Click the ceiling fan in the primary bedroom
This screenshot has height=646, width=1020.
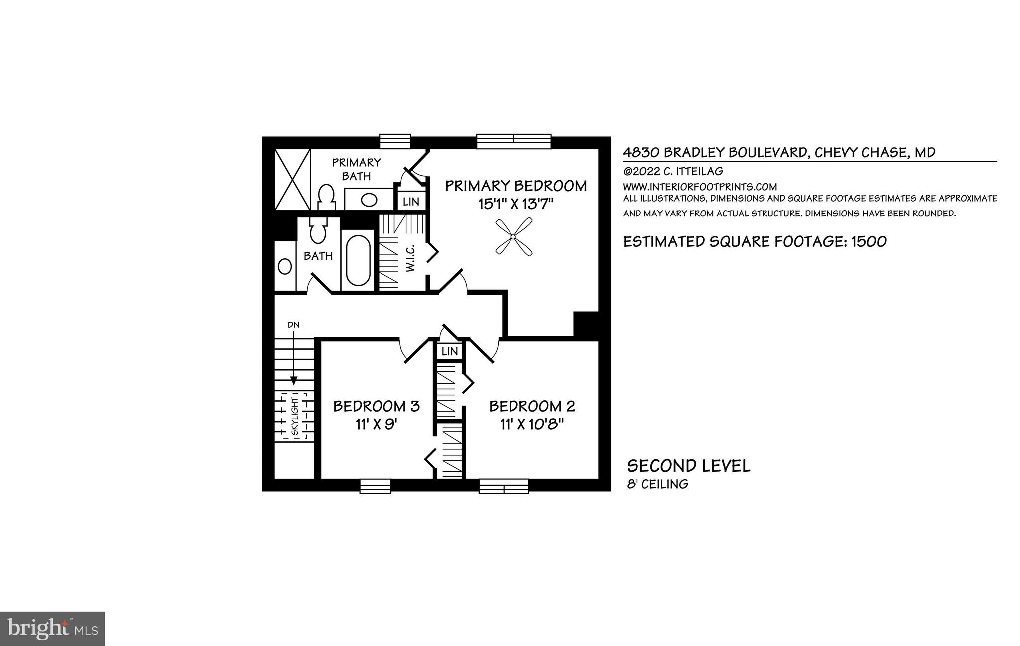pos(514,238)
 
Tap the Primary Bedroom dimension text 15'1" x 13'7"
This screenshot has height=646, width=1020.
pos(515,204)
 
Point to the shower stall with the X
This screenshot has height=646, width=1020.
pos(292,179)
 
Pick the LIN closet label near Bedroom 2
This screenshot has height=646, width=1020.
pos(450,351)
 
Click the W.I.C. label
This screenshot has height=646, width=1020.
pos(410,258)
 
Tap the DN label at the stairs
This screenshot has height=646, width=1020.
pos(294,325)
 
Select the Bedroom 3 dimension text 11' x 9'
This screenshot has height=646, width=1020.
pos(377,425)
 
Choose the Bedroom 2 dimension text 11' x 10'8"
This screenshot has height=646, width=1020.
pos(532,425)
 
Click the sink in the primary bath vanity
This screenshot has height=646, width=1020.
pos(369,200)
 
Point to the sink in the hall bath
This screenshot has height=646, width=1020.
pos(285,267)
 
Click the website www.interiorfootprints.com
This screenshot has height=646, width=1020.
pos(700,187)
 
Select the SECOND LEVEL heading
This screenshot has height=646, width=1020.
pos(688,466)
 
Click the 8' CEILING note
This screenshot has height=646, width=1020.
pos(657,484)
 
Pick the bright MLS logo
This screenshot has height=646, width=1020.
pos(52,629)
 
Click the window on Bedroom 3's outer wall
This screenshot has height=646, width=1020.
pos(375,486)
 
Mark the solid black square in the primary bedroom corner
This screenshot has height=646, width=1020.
pos(586,324)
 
